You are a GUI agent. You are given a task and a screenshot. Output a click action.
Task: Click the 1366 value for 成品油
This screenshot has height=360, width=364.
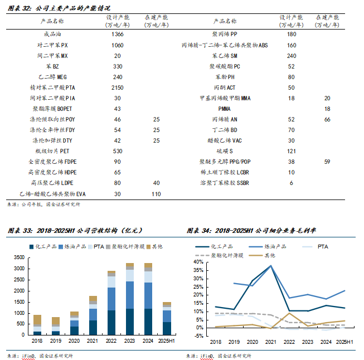point(117,35)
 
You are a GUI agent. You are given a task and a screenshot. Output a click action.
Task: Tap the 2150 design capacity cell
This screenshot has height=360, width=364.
point(117,88)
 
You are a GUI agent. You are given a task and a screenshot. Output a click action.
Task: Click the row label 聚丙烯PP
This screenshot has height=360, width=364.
point(225,35)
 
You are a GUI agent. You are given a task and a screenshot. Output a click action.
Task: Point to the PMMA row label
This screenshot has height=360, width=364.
point(225,109)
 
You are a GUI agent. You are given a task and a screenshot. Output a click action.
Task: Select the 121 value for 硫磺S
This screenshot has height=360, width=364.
point(291,152)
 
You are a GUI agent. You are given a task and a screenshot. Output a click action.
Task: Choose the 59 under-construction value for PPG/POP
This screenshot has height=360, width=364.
point(327,162)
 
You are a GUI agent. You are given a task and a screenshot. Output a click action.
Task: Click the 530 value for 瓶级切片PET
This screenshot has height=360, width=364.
point(117,152)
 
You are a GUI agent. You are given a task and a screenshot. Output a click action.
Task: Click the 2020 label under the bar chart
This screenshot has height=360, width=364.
point(75,340)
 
